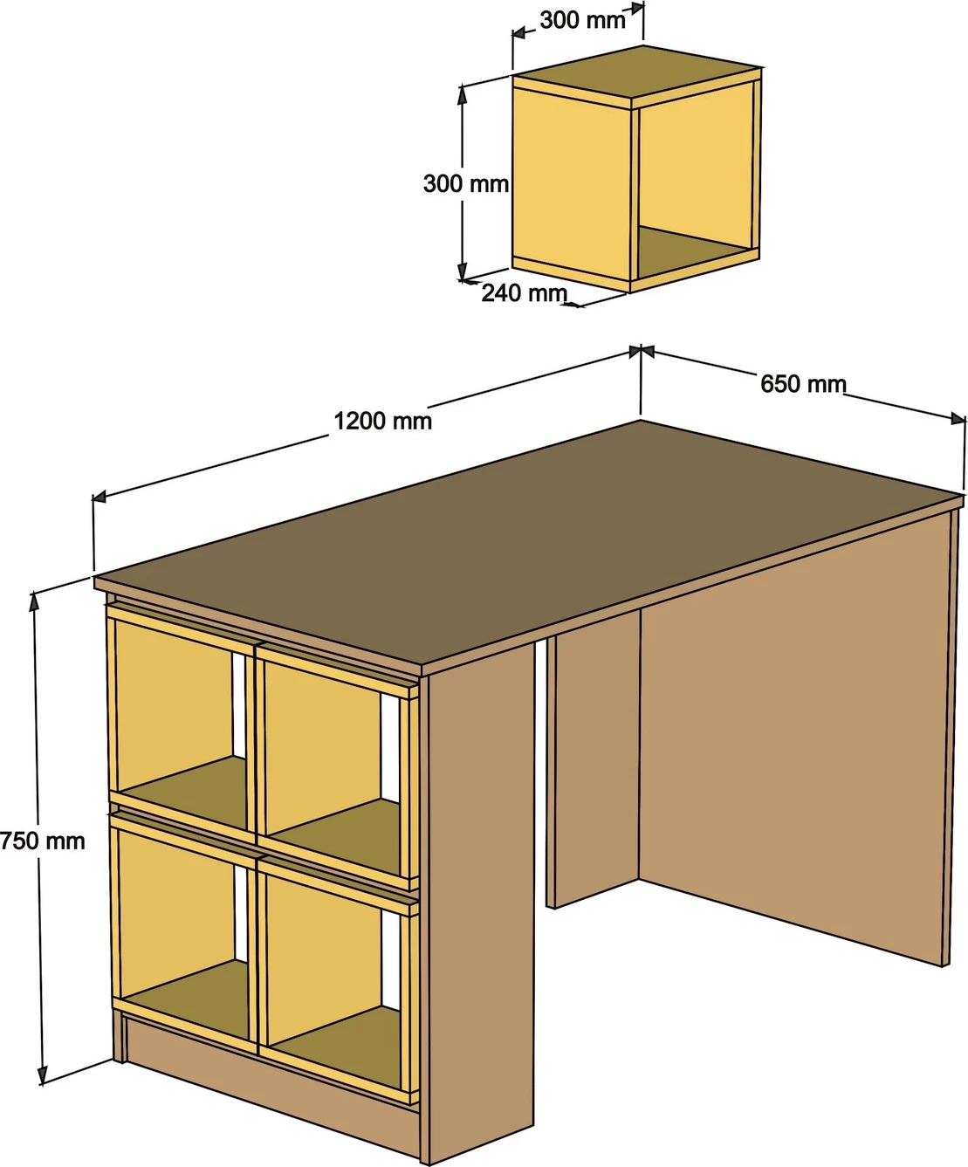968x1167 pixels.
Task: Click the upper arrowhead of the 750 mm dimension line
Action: tap(35, 602)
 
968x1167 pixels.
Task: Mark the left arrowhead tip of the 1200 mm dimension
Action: tap(93, 498)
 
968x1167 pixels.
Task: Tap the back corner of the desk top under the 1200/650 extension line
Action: tap(641, 419)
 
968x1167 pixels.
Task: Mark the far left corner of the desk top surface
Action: tap(95, 576)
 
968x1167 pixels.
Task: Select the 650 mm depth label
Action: tap(803, 384)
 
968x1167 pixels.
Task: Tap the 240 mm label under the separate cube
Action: tap(525, 293)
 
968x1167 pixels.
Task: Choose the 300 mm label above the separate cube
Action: tap(583, 21)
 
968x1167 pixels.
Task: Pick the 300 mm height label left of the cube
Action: tap(465, 184)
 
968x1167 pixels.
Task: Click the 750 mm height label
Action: tap(43, 841)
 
